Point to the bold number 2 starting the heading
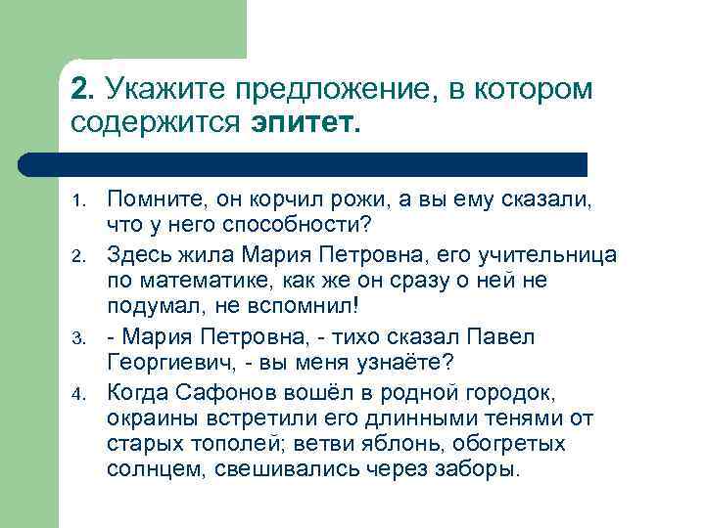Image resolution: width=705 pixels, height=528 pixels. tap(82, 90)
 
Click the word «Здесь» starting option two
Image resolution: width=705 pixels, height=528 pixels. tap(139, 255)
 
